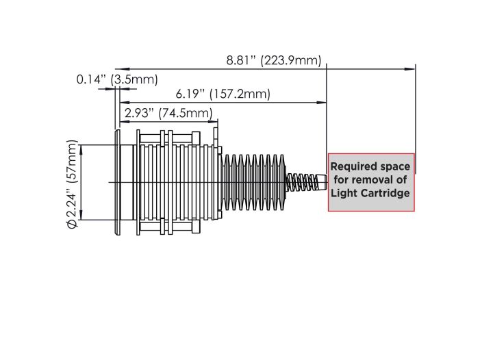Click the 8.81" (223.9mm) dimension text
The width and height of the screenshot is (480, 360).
tap(273, 60)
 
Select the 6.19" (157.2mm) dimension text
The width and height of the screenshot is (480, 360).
tap(223, 94)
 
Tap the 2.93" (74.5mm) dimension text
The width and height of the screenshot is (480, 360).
tap(167, 113)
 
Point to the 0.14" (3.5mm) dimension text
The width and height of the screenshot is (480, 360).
tap(116, 79)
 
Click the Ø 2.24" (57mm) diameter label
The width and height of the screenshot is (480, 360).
tap(73, 181)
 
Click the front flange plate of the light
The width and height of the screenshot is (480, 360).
tap(117, 181)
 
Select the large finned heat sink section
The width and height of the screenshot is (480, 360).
tap(252, 181)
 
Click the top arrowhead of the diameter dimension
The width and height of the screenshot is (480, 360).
tap(81, 145)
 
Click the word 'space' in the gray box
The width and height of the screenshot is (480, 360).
tap(395, 166)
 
